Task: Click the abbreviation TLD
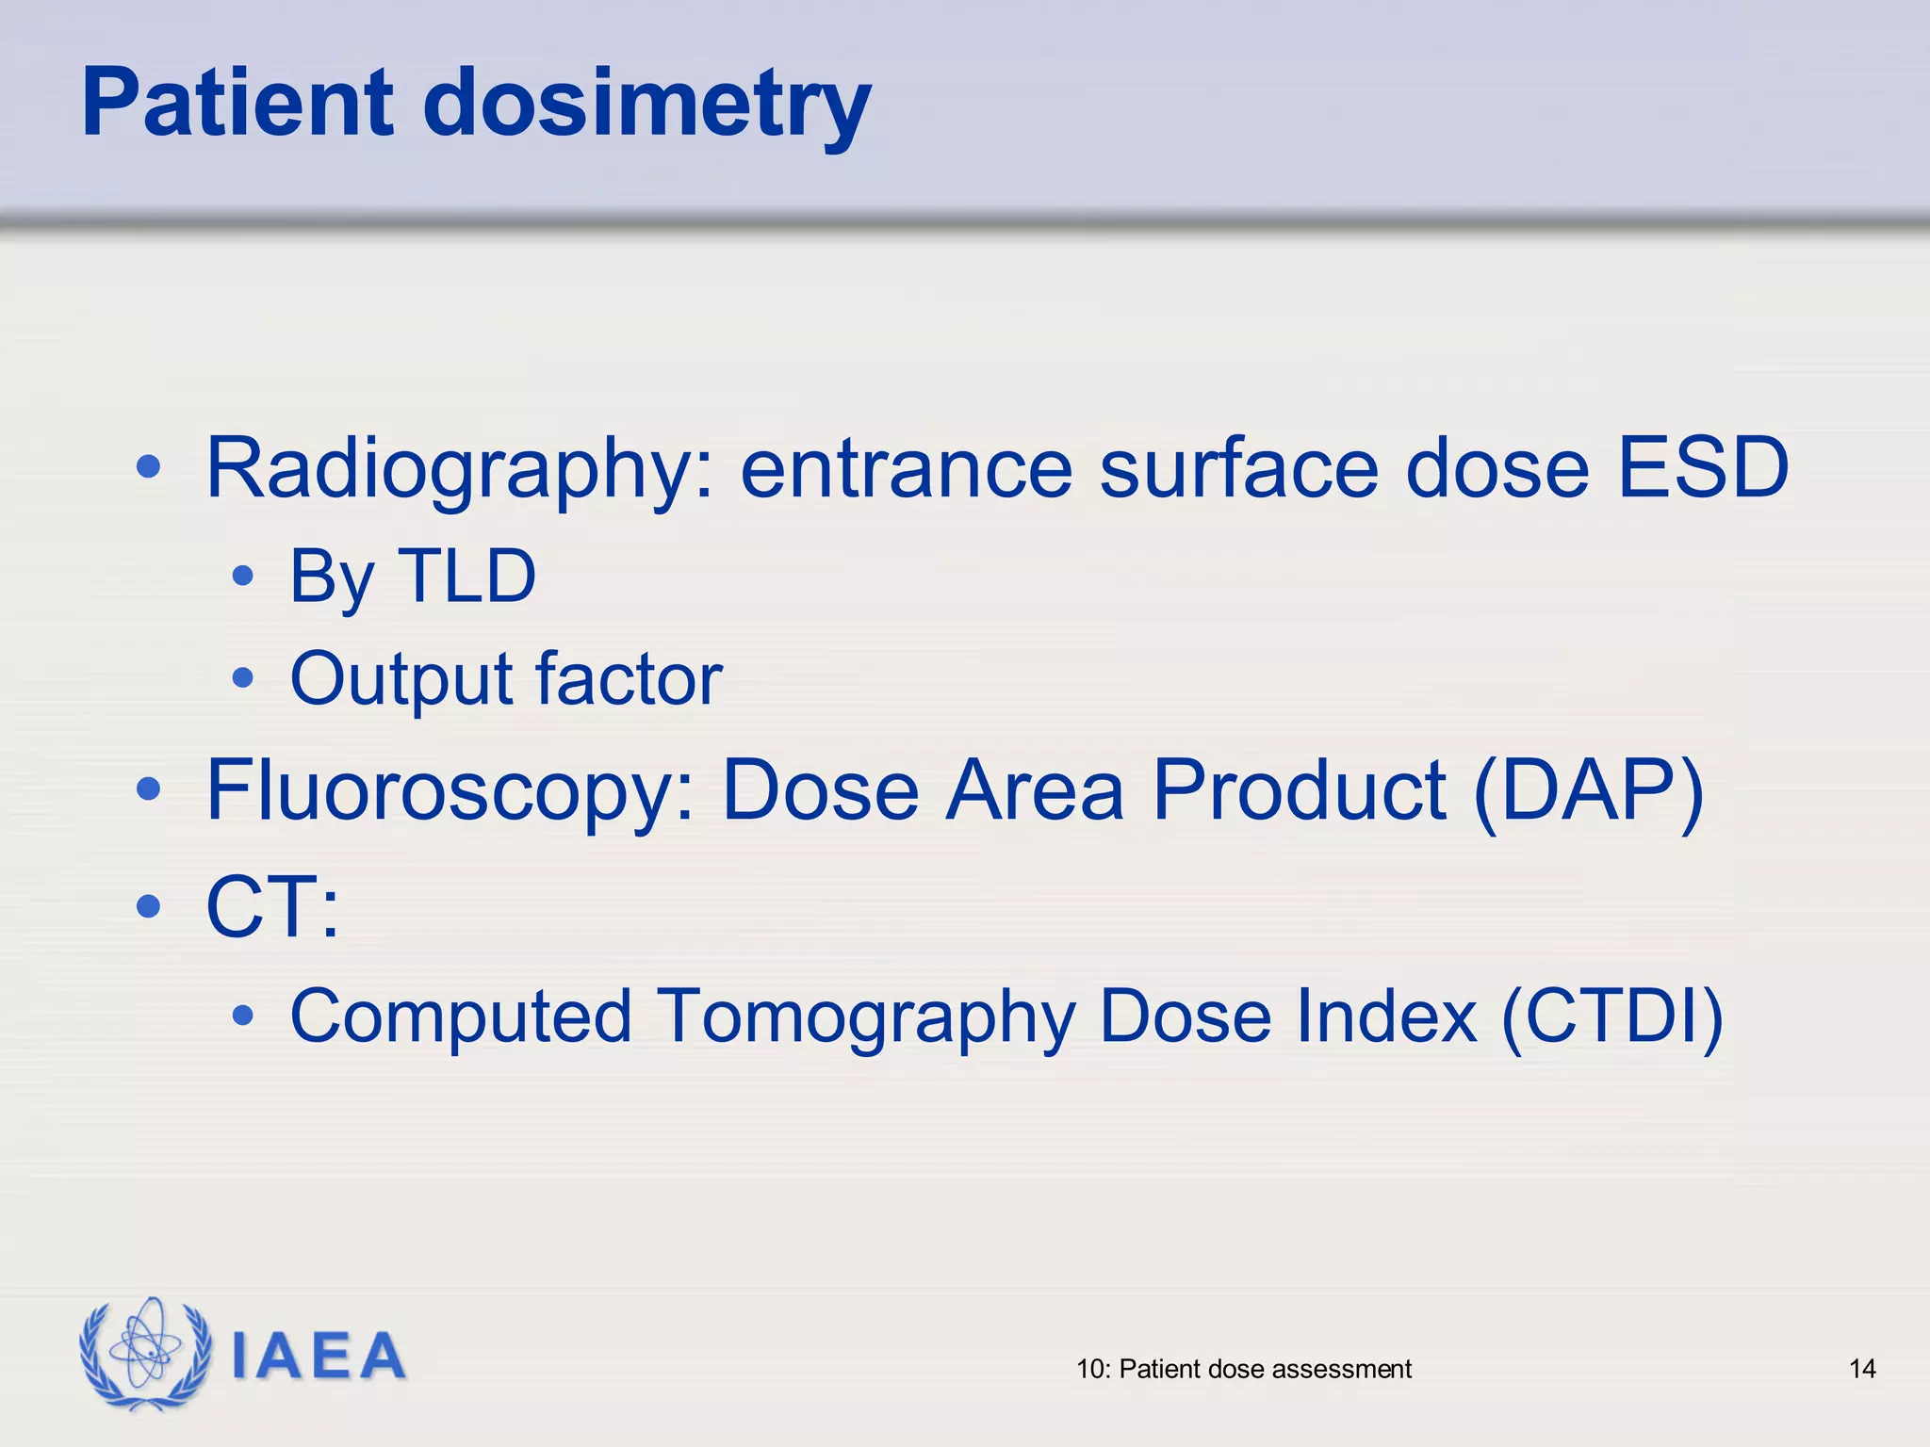467,576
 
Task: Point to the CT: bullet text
272,906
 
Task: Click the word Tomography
865,1017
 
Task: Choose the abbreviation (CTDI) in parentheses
1611,1016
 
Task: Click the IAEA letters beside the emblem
319,1357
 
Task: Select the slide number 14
1861,1369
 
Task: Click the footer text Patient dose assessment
1265,1369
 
